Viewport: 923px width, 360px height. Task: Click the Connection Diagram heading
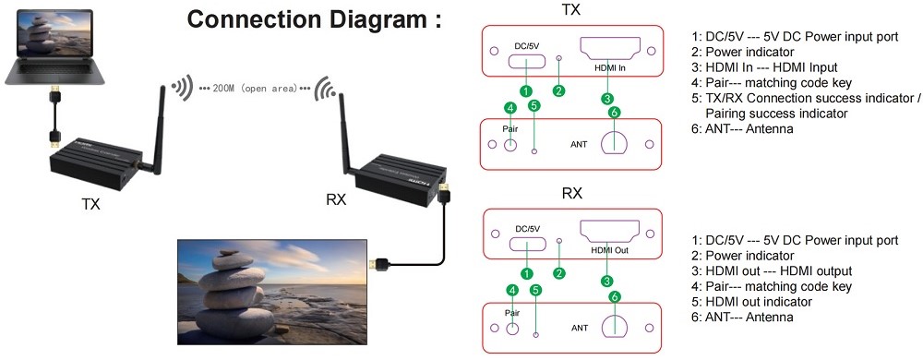coord(314,19)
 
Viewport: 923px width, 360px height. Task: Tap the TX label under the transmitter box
coord(90,204)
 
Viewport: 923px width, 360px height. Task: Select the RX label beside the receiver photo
coord(336,200)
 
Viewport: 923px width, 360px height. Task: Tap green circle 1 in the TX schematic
coord(527,91)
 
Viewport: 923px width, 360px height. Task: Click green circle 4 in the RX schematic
coord(512,290)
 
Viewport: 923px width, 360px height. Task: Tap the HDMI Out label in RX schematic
coord(610,250)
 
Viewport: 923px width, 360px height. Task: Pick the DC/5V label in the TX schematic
coord(527,46)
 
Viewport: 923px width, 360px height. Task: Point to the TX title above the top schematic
coord(572,10)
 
